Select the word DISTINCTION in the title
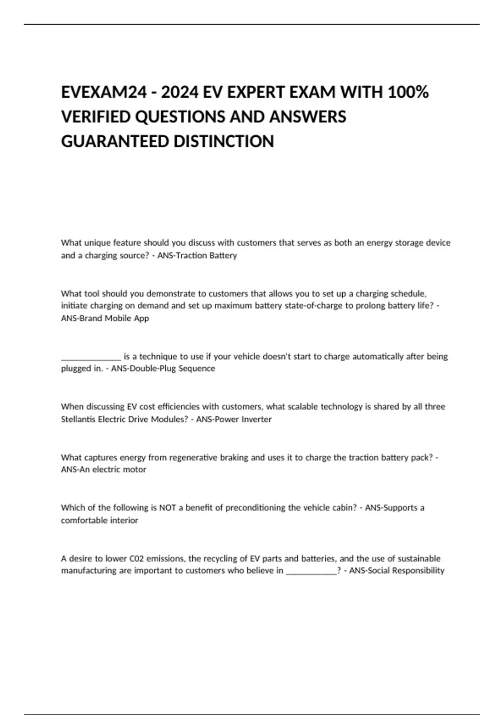tap(223, 141)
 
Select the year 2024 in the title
tap(179, 92)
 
